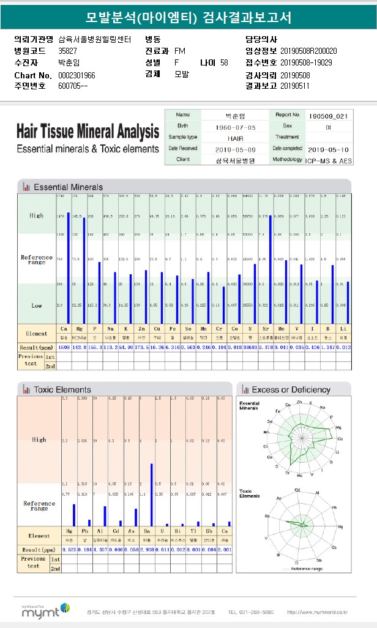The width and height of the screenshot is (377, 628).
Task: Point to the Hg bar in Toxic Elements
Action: click(74, 515)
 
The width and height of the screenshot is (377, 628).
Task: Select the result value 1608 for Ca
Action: click(63, 347)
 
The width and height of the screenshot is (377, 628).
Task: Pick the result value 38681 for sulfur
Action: click(250, 347)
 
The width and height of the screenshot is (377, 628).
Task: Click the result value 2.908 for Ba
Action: click(147, 550)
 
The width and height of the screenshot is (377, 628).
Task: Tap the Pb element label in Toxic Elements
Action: click(84, 531)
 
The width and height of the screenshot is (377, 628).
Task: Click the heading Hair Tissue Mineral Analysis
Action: click(88, 131)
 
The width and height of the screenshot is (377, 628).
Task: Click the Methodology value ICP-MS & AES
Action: click(329, 160)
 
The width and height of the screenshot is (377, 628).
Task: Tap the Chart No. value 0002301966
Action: click(77, 75)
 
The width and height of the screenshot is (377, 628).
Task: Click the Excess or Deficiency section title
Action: click(291, 389)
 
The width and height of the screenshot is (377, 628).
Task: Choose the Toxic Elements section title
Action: click(62, 389)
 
